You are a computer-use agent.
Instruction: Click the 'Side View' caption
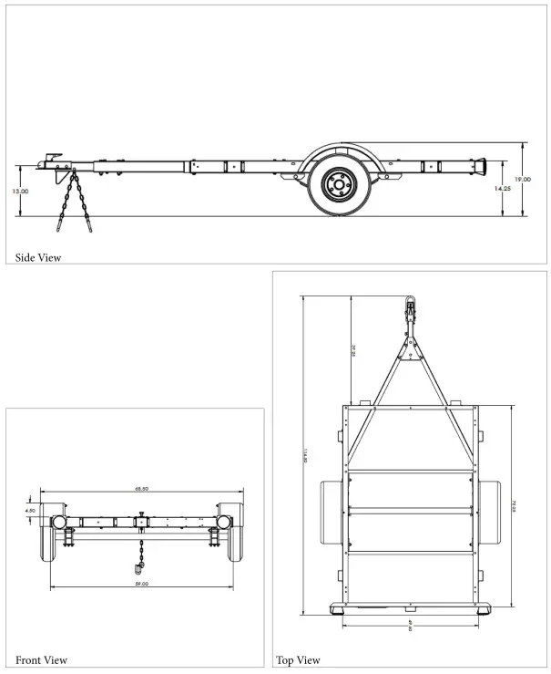[x=38, y=258]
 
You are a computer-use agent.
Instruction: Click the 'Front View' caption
[x=41, y=659]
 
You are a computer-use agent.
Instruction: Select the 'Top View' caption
[x=298, y=659]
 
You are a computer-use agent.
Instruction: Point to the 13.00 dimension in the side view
[x=20, y=192]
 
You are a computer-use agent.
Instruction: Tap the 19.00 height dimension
[x=522, y=180]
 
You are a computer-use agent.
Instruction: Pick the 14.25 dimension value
[x=502, y=188]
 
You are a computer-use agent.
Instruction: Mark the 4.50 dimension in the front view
[x=30, y=511]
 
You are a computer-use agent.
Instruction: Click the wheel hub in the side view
[x=337, y=186]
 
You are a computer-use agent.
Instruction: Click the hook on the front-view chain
[x=143, y=571]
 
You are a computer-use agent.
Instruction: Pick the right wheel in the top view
[x=489, y=515]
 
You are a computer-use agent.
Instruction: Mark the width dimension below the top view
[x=411, y=627]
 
